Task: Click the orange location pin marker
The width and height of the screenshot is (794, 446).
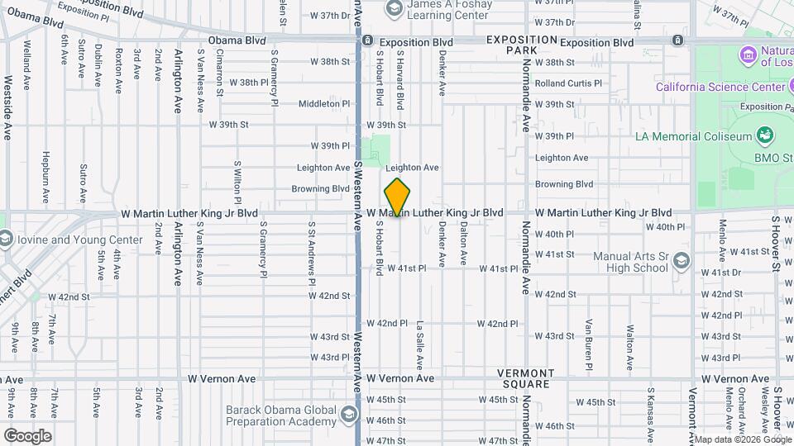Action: tap(398, 197)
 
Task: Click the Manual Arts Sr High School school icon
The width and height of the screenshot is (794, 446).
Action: tap(681, 261)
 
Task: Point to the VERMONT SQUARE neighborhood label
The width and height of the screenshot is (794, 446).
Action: tap(526, 378)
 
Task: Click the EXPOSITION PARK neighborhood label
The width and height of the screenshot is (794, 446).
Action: tap(521, 45)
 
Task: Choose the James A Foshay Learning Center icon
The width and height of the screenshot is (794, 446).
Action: tap(394, 9)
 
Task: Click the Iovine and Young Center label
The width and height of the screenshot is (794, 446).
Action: tap(71, 240)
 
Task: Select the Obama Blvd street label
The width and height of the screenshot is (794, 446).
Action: tap(237, 40)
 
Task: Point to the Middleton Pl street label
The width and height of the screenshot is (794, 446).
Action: tap(324, 104)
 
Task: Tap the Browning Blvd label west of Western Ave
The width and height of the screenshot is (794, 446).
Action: tap(321, 188)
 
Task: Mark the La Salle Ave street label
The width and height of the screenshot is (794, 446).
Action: tap(420, 344)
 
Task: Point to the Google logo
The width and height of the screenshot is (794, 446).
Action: tap(27, 436)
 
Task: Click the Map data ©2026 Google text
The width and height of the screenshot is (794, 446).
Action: tap(741, 439)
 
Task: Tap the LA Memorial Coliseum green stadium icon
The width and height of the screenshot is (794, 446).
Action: tap(764, 135)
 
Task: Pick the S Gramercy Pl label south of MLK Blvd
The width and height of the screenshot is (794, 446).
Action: tap(263, 248)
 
